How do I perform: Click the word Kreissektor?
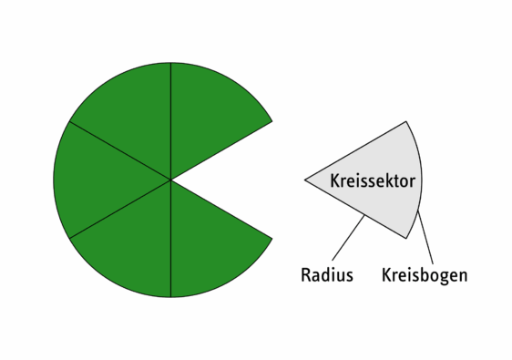pyautogui.click(x=373, y=181)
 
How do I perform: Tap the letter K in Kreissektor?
pyautogui.click(x=334, y=181)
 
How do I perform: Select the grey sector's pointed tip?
pyautogui.click(x=307, y=180)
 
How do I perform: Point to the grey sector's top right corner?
pyautogui.click(x=406, y=122)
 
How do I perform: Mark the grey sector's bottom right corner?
pyautogui.click(x=406, y=237)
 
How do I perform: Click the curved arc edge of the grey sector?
pyautogui.click(x=421, y=180)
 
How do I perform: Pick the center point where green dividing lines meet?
pyautogui.click(x=170, y=180)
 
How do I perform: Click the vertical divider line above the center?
pyautogui.click(x=170, y=118)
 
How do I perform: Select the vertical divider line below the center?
pyautogui.click(x=170, y=242)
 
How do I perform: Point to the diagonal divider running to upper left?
pyautogui.click(x=118, y=149)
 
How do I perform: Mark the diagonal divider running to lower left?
pyautogui.click(x=118, y=210)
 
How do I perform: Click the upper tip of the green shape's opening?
pyautogui.click(x=271, y=121)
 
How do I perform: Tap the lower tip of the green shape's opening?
pyautogui.click(x=271, y=239)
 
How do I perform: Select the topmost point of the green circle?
pyautogui.click(x=170, y=63)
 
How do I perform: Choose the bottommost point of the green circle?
pyautogui.click(x=170, y=296)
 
